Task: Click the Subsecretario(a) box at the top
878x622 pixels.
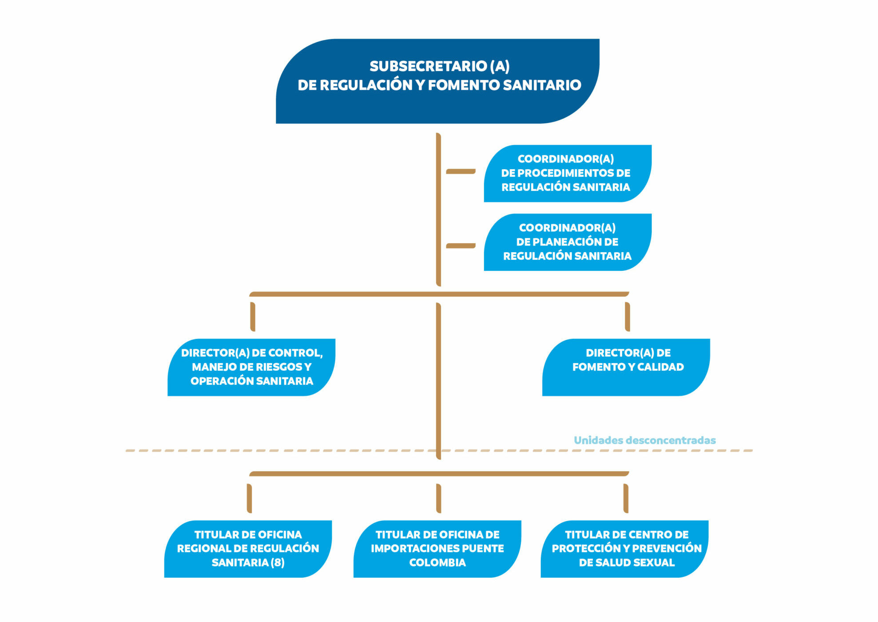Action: point(437,81)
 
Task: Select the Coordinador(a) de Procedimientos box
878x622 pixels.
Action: point(567,173)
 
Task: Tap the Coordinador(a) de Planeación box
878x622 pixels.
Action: point(567,242)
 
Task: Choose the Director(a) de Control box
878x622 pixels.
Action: point(251,367)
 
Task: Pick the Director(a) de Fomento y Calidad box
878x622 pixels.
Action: point(626,367)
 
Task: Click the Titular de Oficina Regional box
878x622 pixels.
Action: point(248,549)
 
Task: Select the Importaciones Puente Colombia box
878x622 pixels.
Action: point(437,549)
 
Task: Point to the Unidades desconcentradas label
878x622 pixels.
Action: point(644,440)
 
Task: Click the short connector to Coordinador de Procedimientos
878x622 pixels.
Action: point(461,171)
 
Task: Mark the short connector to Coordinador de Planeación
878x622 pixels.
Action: point(461,246)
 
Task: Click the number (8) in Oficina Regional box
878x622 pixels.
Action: point(278,563)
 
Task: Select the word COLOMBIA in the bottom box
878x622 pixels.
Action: point(437,563)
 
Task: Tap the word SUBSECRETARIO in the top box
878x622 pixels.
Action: point(429,66)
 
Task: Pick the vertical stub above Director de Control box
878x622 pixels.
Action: point(253,317)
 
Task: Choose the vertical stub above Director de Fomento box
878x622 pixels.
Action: point(627,317)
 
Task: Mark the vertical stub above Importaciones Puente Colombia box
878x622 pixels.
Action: point(439,498)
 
